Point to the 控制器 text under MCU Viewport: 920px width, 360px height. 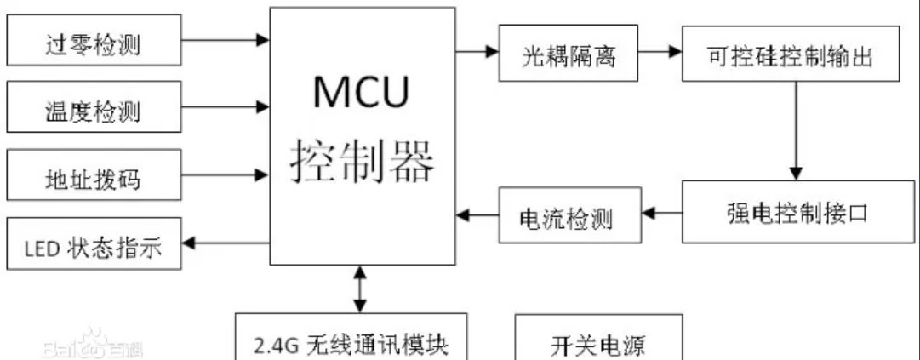point(363,157)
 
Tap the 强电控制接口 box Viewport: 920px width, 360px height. point(791,213)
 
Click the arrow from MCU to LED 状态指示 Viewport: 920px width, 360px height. point(226,243)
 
